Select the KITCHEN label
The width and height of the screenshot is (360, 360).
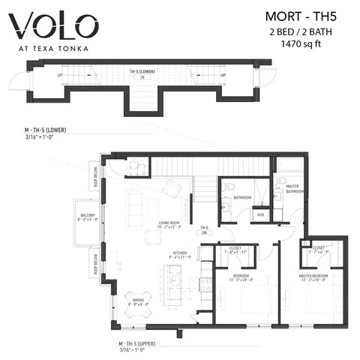tap(180, 254)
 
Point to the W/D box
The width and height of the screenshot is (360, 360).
tap(260, 214)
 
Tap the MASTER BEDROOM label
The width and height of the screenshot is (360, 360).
tap(313, 277)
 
